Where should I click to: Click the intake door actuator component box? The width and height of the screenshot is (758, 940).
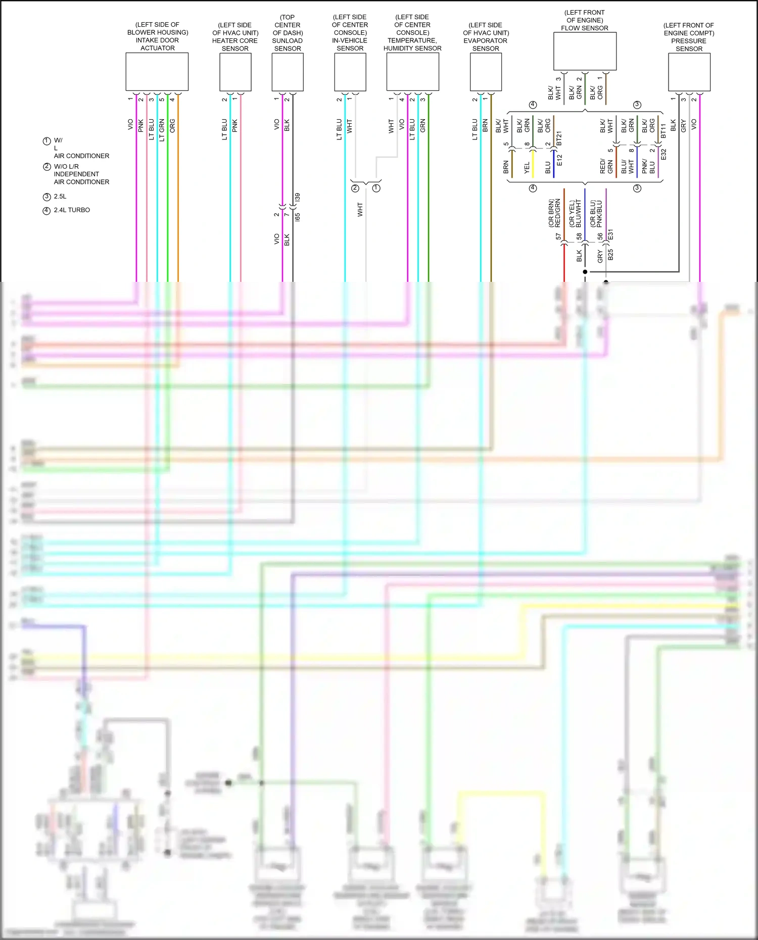(157, 72)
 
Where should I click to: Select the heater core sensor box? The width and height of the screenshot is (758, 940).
(235, 72)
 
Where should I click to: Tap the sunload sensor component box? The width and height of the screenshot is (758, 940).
(287, 72)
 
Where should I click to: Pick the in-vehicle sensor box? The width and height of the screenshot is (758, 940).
(350, 72)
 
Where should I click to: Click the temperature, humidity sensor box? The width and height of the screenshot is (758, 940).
(412, 72)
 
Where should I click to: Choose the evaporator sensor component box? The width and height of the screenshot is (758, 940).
(485, 72)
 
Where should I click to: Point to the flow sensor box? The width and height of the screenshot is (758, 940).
(585, 51)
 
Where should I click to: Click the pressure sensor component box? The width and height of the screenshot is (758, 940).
(689, 72)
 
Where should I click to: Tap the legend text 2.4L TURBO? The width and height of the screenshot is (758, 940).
(72, 210)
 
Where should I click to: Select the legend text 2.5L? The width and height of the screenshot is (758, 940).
(60, 196)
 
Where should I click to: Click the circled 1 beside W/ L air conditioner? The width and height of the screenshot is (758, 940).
(46, 141)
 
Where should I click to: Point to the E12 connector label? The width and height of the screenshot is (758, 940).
(559, 161)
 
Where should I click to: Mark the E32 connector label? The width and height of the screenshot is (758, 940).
(664, 155)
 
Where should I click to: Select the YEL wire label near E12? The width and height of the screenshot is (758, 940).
(527, 167)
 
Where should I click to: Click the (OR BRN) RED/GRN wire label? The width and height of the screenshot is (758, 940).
(554, 213)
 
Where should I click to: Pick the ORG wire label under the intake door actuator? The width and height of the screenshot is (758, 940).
(172, 126)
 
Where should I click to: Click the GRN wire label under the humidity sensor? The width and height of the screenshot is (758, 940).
(422, 126)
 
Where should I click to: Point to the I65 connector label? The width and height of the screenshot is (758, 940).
(297, 217)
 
